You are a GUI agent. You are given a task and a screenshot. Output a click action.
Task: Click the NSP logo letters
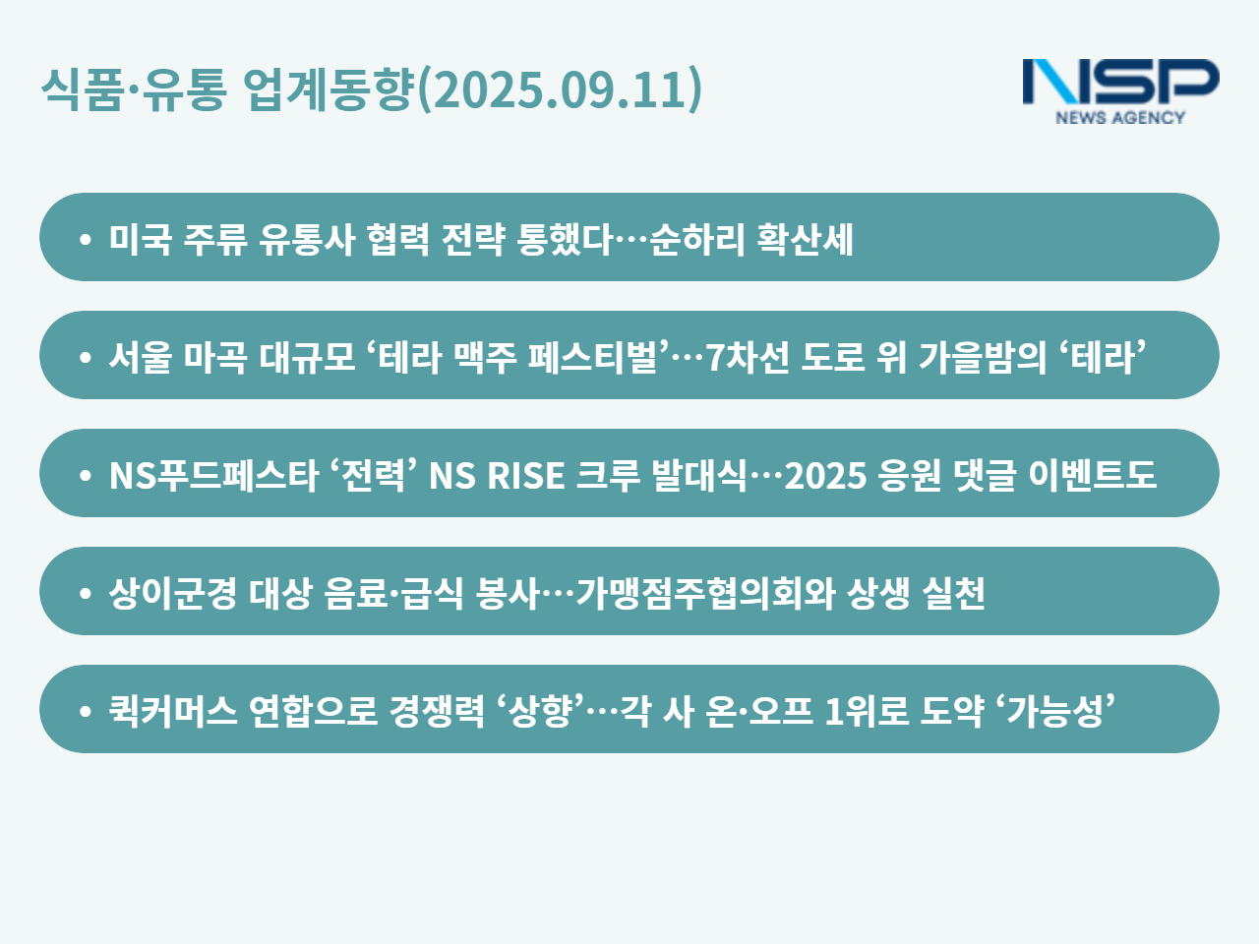click(x=1120, y=82)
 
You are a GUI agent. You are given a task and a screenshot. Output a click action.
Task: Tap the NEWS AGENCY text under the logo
click(x=1120, y=117)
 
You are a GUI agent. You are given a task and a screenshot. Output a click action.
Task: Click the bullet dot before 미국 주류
click(x=85, y=239)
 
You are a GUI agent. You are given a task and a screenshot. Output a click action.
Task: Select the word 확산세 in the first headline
click(x=805, y=239)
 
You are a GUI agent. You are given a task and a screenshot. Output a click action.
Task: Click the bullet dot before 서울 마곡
click(x=85, y=357)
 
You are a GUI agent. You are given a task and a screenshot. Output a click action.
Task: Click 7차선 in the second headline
click(x=747, y=357)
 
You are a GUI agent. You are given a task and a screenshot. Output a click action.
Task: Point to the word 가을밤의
click(x=983, y=357)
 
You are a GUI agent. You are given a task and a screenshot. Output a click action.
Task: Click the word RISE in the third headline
click(x=525, y=475)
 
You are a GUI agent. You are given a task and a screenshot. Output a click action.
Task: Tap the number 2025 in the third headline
click(x=825, y=475)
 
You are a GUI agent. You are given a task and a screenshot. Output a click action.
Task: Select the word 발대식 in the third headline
click(x=699, y=475)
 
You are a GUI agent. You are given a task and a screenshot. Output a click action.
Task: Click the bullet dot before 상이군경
click(x=85, y=593)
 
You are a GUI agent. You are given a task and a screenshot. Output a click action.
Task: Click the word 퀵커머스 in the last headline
click(x=173, y=711)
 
